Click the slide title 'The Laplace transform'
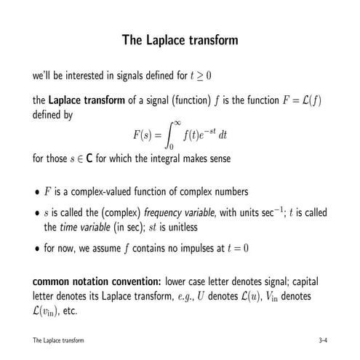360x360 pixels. (x=180, y=40)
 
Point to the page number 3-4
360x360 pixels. (x=322, y=340)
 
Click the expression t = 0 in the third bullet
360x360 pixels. (x=233, y=247)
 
